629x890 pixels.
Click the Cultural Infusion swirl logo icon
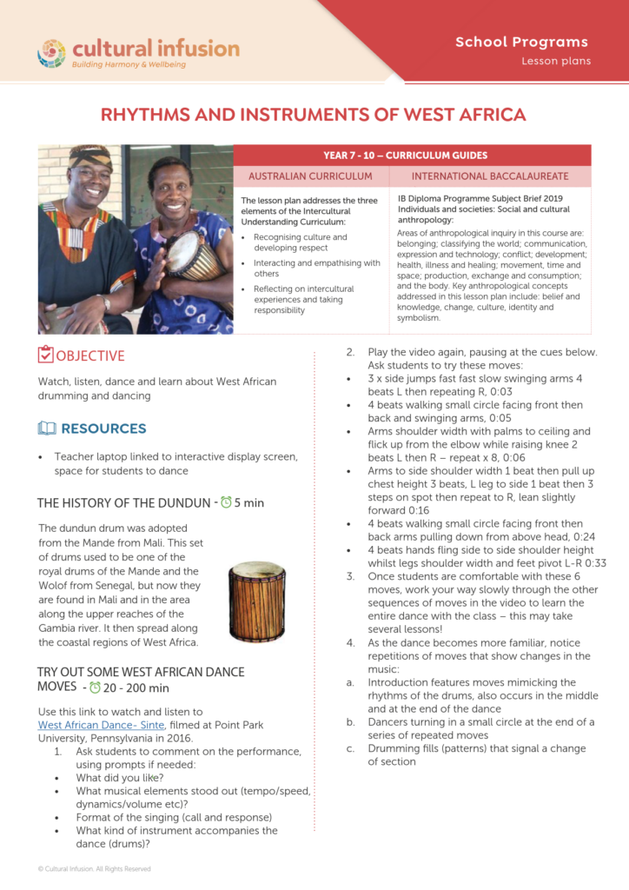(x=51, y=52)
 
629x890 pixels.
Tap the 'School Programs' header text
(x=521, y=42)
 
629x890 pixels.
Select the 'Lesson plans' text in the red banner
(x=556, y=61)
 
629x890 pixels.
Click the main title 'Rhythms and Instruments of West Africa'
(x=314, y=115)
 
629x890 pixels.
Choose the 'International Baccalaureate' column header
(x=490, y=176)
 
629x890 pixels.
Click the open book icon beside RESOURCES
(x=47, y=428)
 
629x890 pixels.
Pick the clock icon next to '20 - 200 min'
(x=95, y=687)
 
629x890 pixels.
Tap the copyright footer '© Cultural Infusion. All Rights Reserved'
(x=94, y=868)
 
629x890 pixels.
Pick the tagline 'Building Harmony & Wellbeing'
(x=140, y=64)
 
